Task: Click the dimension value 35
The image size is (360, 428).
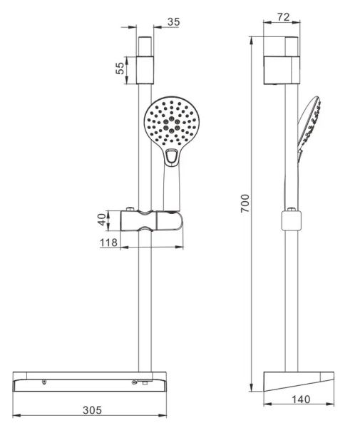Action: (x=173, y=22)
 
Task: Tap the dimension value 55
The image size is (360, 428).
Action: (x=120, y=68)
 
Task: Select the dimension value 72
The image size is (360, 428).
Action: (x=283, y=17)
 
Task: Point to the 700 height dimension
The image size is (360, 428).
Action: (x=245, y=203)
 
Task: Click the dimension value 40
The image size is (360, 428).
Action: (x=102, y=220)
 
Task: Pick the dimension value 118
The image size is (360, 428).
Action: (x=108, y=243)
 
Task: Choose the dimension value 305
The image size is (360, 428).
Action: (x=92, y=410)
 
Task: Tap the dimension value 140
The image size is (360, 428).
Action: (x=301, y=399)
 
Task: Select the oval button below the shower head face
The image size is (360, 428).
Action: (x=172, y=156)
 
